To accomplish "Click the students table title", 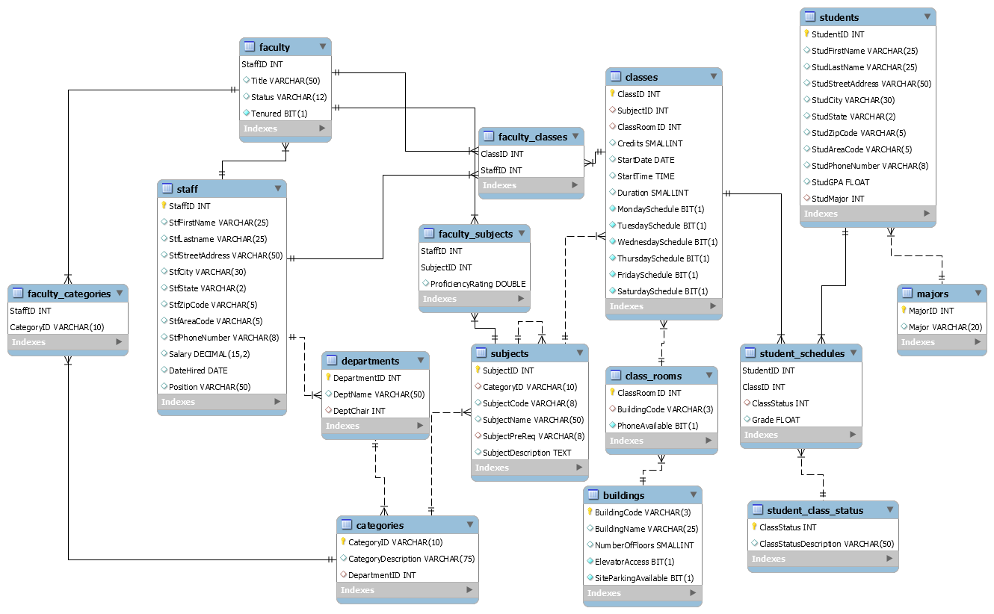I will (x=839, y=17).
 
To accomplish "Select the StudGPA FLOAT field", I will (x=840, y=182).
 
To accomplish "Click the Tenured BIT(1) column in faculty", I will (x=279, y=114).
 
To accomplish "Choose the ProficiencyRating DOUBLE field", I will (x=478, y=284).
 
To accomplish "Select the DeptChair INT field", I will (x=359, y=411).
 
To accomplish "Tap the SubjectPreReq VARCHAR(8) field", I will (x=533, y=436).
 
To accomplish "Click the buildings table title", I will (x=623, y=495).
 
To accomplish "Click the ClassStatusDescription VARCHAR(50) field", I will (x=827, y=544).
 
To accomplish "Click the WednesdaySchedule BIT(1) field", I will (x=667, y=242).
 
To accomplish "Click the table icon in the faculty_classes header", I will (x=489, y=137).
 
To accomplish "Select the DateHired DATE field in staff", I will (x=198, y=370).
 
